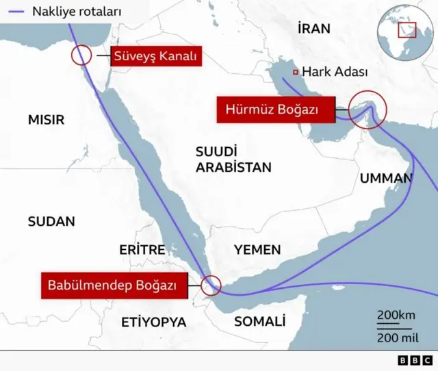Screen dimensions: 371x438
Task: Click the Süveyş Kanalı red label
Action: (x=156, y=57)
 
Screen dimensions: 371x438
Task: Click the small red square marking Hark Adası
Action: (x=295, y=72)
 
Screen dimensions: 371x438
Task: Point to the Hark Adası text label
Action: (x=335, y=72)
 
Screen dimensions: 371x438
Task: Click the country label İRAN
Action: (x=314, y=28)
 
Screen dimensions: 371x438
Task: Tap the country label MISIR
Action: (x=46, y=120)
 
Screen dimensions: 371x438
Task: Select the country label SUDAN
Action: (x=51, y=221)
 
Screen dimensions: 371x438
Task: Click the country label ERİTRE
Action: (x=142, y=250)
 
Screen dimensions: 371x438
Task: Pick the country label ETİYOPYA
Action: (x=153, y=322)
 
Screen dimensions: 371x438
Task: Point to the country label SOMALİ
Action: (x=259, y=321)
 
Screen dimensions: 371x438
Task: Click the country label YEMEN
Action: (x=257, y=250)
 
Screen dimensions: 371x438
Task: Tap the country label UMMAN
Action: (x=386, y=179)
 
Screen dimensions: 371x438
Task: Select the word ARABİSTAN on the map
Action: (x=233, y=167)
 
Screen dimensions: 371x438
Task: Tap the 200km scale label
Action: (x=396, y=315)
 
